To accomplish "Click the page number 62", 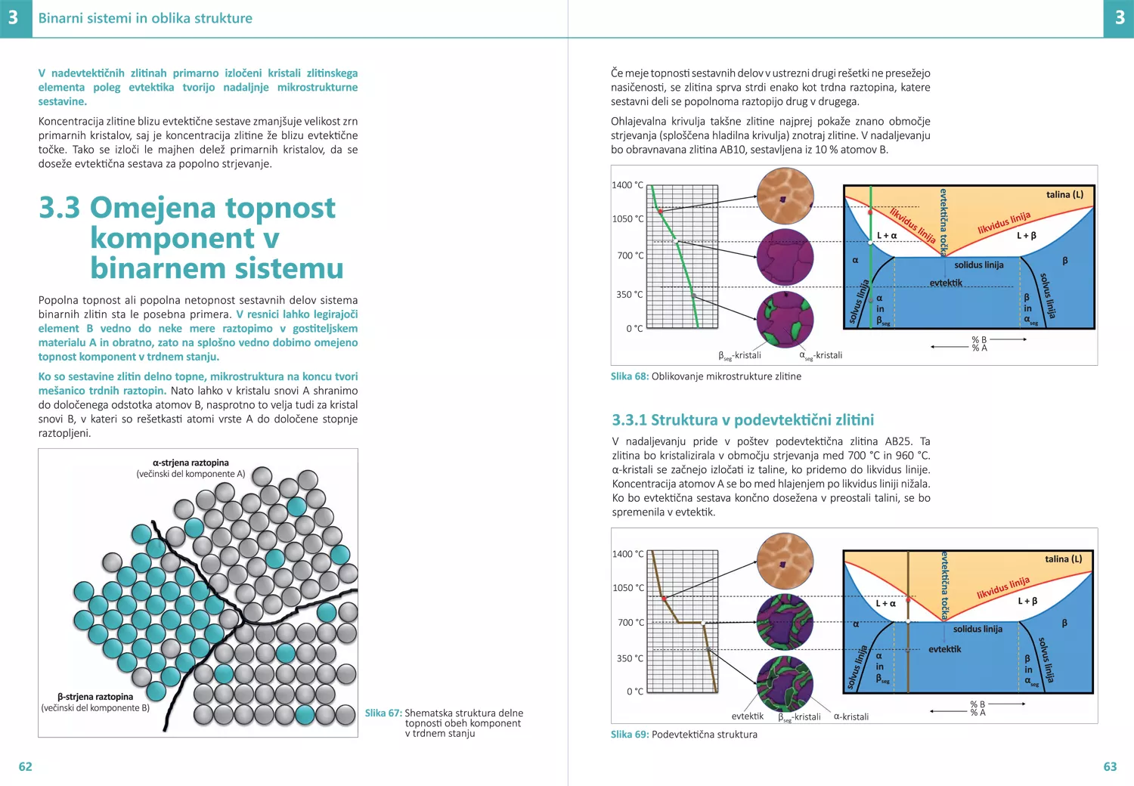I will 26,766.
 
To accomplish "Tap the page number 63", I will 1110,766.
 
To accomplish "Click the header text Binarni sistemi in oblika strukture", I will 145,18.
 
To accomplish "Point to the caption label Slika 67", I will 383,713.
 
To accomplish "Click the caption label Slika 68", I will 629,376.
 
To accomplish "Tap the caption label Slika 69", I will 629,735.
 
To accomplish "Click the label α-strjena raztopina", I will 191,463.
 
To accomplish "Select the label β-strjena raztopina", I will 95,697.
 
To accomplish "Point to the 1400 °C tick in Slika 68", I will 627,185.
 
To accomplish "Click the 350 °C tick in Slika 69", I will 630,658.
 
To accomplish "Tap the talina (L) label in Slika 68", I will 1064,195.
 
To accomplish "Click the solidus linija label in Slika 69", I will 978,629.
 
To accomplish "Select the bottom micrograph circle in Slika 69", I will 785,683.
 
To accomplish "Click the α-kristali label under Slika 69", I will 850,716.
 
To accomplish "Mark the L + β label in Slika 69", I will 1027,601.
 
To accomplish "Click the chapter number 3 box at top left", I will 14,18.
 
